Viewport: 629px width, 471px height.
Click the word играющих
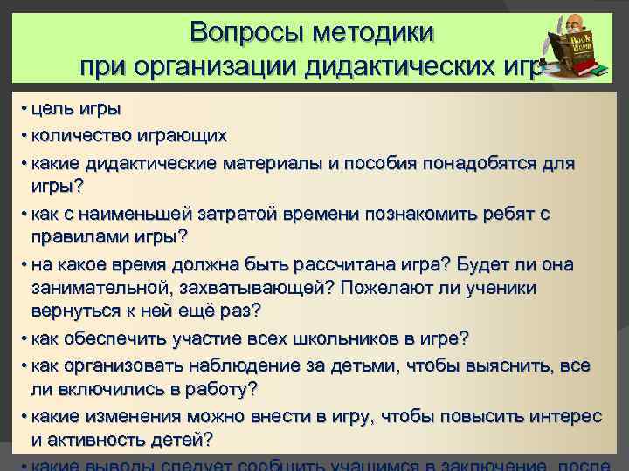(x=184, y=136)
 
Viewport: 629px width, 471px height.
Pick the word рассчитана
(x=330, y=263)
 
